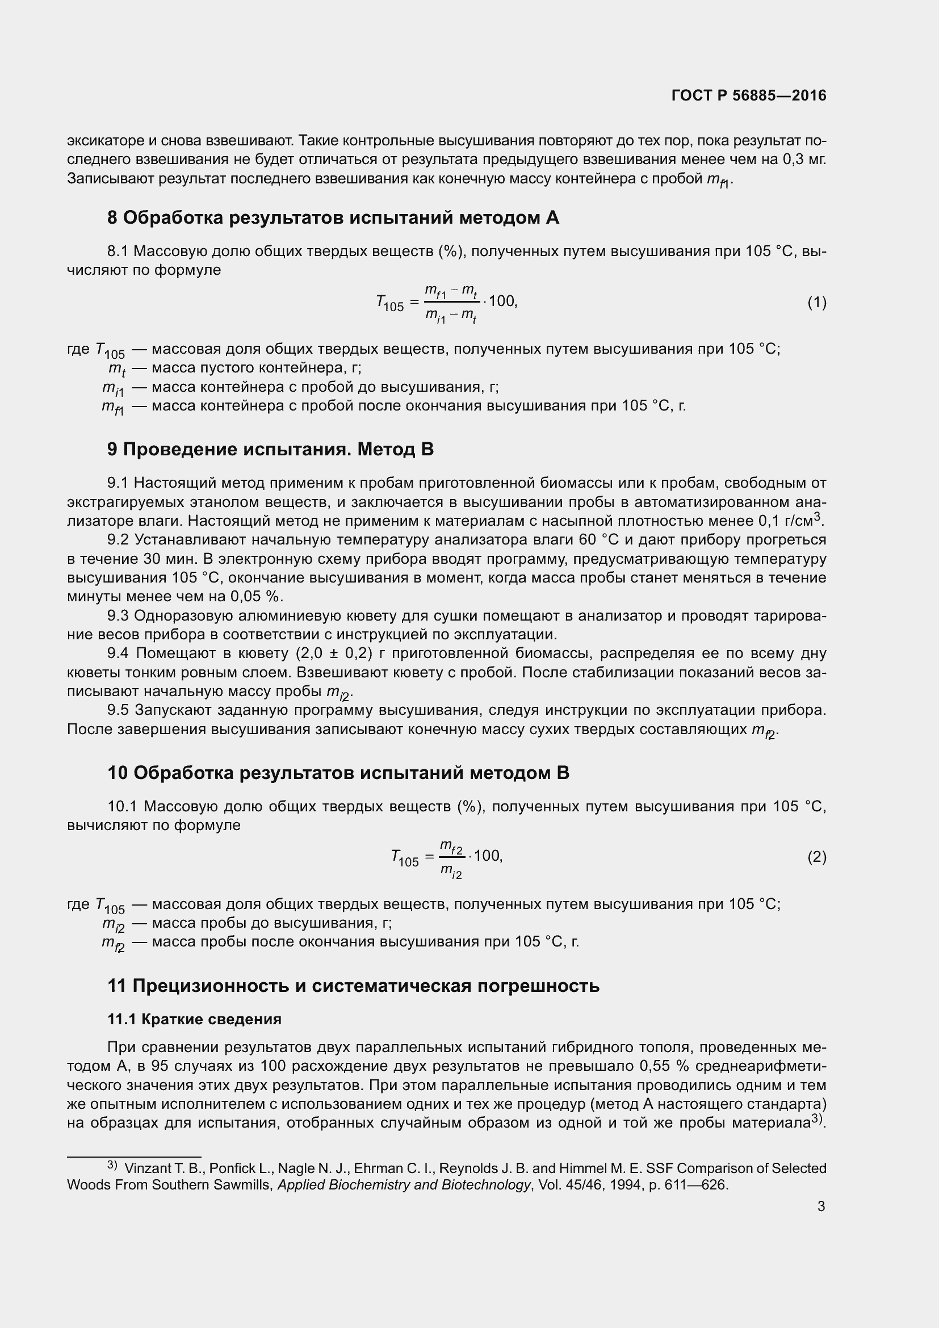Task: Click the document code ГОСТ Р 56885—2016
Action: (x=749, y=95)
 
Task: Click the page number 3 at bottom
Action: (x=821, y=1206)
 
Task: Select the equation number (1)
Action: (x=816, y=302)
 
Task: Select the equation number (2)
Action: (x=816, y=857)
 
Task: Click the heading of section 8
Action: (x=333, y=217)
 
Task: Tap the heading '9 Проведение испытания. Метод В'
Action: (x=270, y=449)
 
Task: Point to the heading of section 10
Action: (x=338, y=773)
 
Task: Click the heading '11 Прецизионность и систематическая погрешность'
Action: (x=353, y=986)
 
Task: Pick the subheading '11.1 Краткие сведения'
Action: (x=194, y=1019)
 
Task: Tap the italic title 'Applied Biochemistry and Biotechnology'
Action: (x=404, y=1184)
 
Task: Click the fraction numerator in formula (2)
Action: (x=451, y=848)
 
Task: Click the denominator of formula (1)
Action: (x=451, y=315)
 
